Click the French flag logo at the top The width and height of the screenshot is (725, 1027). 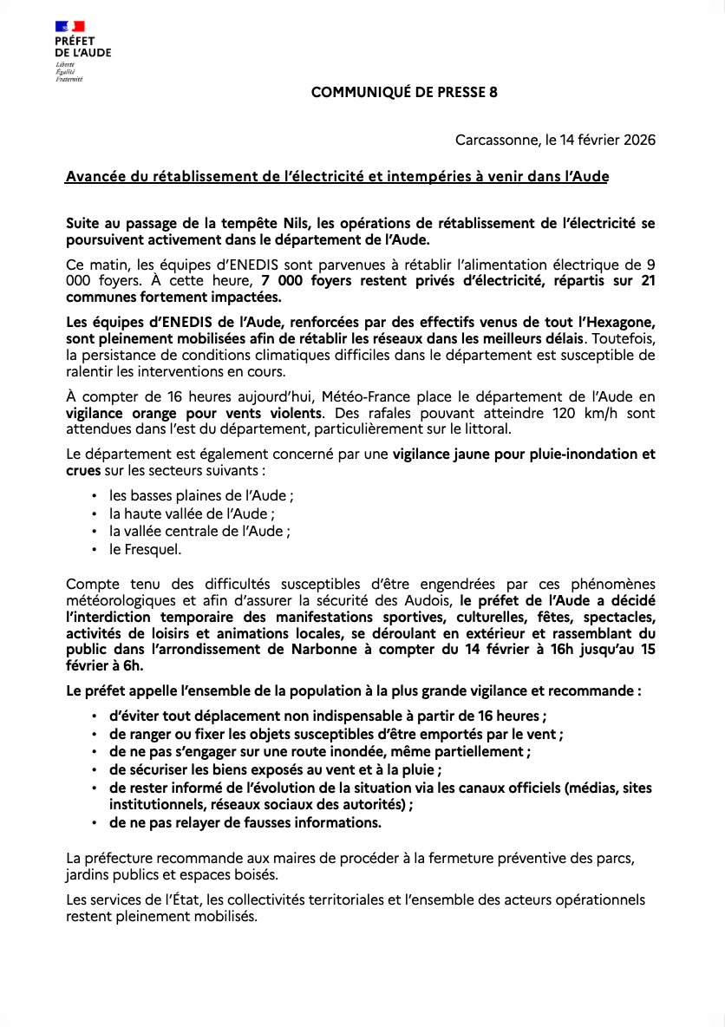pos(70,28)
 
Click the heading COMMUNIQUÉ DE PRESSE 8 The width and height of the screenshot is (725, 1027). pos(404,92)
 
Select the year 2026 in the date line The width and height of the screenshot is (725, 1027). pos(639,140)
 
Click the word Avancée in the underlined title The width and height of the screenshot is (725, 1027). pos(93,177)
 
